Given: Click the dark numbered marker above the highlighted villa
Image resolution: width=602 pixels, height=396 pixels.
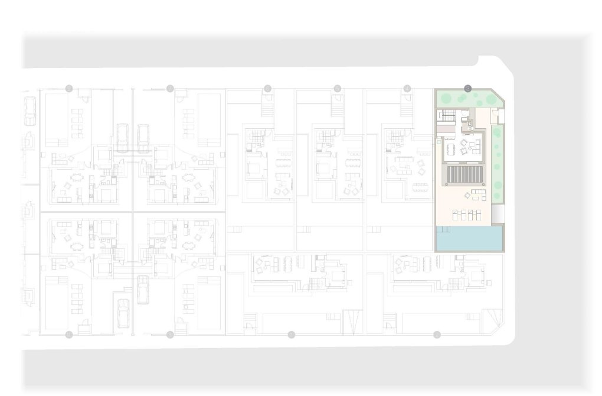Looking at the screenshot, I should [467, 89].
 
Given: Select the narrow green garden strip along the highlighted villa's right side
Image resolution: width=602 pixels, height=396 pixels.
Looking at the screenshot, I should [497, 160].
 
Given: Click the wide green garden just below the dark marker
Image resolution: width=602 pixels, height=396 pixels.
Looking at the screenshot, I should [466, 99].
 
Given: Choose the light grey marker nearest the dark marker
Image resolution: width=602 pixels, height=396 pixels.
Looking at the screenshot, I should [407, 89].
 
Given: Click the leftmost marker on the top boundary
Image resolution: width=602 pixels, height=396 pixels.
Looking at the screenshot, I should [69, 89].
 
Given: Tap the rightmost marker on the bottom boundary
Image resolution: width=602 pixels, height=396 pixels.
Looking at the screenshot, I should [437, 335].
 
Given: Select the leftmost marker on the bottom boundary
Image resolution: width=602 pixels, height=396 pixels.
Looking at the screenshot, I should [69, 335].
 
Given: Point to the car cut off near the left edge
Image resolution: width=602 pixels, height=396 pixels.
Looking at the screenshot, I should [29, 111].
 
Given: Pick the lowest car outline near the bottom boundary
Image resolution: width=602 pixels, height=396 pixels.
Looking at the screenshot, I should [123, 313].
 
